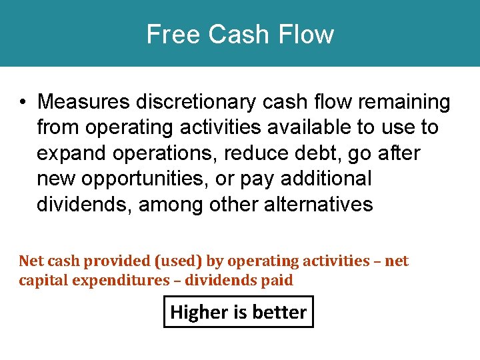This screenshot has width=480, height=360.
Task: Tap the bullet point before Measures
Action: [23, 103]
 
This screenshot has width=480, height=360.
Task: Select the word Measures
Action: [84, 102]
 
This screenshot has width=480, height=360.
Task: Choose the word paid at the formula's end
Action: [277, 280]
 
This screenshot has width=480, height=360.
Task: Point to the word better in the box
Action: [283, 312]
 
